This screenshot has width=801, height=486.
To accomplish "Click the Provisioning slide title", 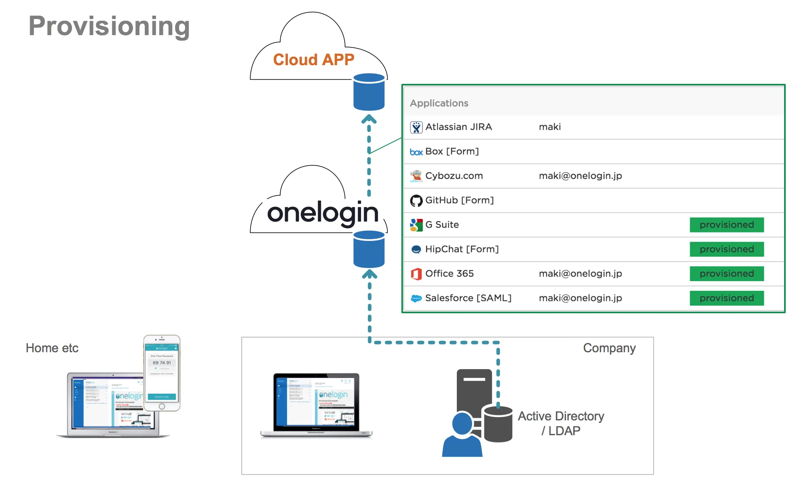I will click(109, 26).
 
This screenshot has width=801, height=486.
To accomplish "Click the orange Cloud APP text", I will click(313, 60).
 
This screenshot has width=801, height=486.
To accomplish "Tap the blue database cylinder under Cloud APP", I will click(369, 92).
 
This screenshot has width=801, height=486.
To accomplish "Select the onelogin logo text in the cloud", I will click(323, 213).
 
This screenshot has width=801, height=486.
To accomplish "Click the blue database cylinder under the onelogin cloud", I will click(369, 249).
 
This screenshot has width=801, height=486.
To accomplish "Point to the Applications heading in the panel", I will click(439, 103).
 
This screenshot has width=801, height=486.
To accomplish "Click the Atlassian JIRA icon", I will click(416, 127).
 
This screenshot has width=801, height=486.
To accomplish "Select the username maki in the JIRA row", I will click(550, 127).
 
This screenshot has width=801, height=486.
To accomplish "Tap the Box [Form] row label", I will click(452, 152).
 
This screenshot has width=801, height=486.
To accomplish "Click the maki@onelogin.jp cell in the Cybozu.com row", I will click(580, 176).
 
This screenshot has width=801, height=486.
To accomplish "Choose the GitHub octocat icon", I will click(416, 201).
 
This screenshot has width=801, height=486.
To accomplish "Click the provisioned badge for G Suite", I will click(726, 225).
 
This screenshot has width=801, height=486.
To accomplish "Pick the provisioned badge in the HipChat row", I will click(726, 249).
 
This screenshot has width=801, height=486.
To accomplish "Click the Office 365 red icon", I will click(416, 274).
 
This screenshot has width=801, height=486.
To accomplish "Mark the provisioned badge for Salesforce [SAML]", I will click(726, 298).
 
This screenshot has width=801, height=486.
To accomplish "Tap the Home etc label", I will click(52, 348).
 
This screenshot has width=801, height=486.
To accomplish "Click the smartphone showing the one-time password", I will click(162, 373).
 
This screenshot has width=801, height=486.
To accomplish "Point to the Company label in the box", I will click(609, 348).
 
